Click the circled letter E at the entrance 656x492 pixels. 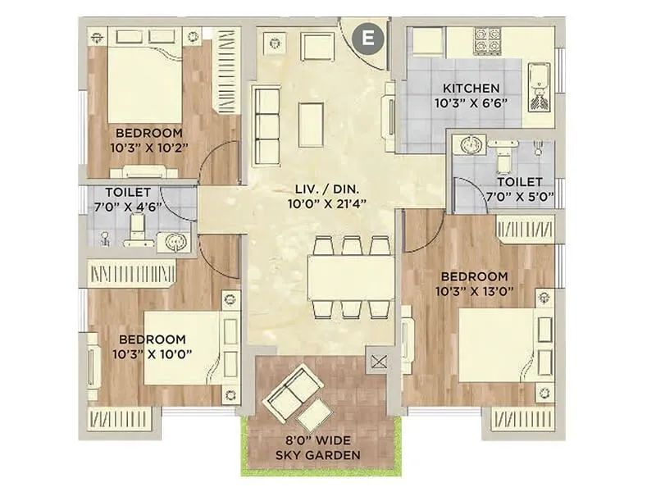click(x=368, y=36)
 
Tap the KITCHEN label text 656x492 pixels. click(x=471, y=89)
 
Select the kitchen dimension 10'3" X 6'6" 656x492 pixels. click(x=471, y=103)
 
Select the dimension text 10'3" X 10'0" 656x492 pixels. click(x=151, y=353)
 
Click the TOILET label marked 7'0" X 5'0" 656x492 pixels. click(x=519, y=182)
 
